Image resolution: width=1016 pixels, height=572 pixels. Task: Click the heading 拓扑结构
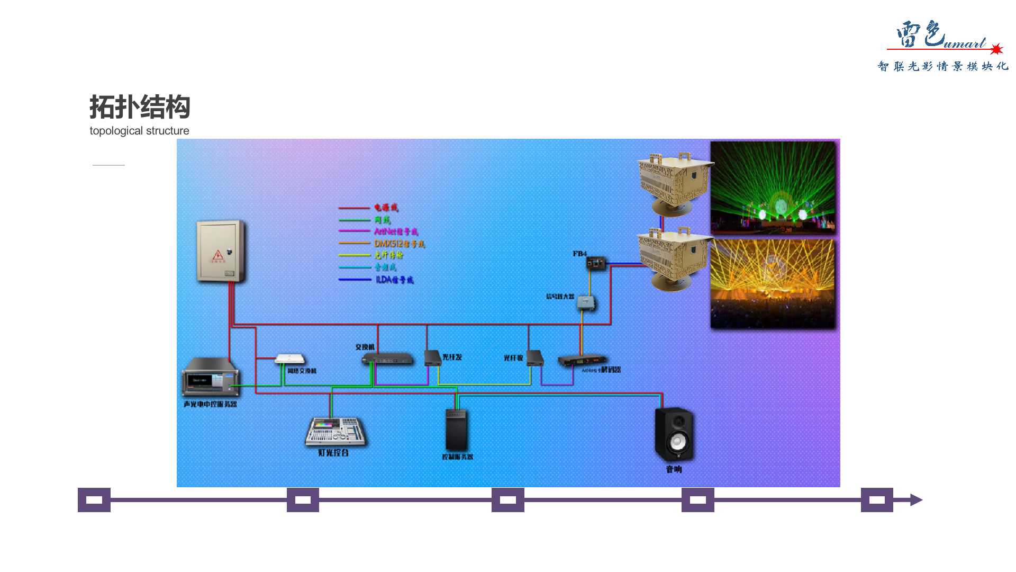point(140,107)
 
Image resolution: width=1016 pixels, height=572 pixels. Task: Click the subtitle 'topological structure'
point(139,131)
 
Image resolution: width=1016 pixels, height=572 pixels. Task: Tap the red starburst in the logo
point(996,49)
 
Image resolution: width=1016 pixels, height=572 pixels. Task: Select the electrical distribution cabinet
point(221,251)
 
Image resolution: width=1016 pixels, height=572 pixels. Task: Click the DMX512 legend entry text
point(399,244)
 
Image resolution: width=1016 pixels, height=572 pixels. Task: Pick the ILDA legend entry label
point(394,280)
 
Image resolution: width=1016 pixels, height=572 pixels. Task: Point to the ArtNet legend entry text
point(396,231)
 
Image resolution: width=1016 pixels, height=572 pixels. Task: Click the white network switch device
point(289,359)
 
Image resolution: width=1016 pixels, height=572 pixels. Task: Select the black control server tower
point(456,430)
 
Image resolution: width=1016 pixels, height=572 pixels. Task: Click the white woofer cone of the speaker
point(677,441)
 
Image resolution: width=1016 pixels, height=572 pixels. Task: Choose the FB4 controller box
point(596,263)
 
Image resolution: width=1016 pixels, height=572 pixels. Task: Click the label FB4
point(579,254)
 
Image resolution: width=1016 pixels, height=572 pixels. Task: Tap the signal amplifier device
point(585,302)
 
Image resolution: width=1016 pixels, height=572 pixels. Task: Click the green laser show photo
point(773,187)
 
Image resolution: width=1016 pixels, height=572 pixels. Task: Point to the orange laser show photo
point(773,283)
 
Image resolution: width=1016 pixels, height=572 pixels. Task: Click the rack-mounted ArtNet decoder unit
point(581,360)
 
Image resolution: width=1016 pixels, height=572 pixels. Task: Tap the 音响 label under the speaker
point(674,469)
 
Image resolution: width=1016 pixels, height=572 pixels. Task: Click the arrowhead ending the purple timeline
point(916,500)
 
